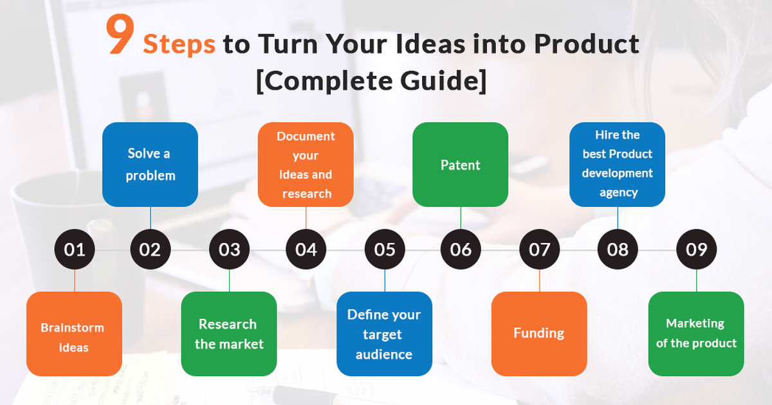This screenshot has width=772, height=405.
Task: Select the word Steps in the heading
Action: (x=179, y=44)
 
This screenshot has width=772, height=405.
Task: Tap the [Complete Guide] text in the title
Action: (x=371, y=82)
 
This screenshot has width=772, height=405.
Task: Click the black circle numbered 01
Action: (x=75, y=249)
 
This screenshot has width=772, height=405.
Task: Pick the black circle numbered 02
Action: (x=150, y=249)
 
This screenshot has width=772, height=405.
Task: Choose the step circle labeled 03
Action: (x=230, y=249)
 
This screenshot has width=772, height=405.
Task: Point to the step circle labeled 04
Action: (x=306, y=249)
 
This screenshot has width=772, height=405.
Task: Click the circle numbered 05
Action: (x=385, y=249)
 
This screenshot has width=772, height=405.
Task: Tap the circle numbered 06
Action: (x=461, y=249)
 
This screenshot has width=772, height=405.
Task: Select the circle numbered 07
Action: (x=540, y=249)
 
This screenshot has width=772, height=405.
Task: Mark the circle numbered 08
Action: (x=618, y=249)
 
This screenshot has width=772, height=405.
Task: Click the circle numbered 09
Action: (x=697, y=249)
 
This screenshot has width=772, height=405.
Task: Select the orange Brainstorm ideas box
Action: (x=74, y=334)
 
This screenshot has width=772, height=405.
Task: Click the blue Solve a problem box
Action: (x=150, y=165)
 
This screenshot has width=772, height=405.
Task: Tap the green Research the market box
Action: (x=229, y=334)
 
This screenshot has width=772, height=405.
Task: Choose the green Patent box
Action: (x=460, y=165)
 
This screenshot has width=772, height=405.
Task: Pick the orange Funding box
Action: (x=539, y=334)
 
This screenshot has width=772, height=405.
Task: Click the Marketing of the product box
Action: (x=696, y=334)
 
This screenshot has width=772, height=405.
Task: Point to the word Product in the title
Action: (x=589, y=44)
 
